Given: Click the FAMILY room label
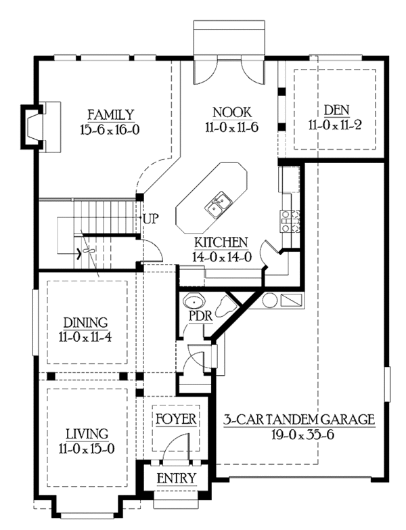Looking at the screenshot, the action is tap(111, 115).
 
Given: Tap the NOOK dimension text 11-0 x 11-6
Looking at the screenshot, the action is tap(231, 128).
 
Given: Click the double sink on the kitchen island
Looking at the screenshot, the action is tap(219, 205).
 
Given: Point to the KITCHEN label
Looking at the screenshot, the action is tap(221, 242).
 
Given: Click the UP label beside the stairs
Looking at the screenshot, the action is tap(150, 219).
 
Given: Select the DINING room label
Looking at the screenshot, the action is tap(86, 323).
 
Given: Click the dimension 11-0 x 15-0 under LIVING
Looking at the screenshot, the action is tap(87, 449).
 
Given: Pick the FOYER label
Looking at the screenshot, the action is tap(176, 419).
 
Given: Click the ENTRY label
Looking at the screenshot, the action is tap(177, 479).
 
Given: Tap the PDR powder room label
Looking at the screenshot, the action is tap(201, 316).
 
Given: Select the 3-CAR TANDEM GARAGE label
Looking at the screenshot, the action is tap(299, 420).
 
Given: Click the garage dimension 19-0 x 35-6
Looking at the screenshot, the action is tap(303, 435).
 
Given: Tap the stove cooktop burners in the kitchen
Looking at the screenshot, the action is tap(290, 221).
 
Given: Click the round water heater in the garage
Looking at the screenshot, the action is tap(270, 300).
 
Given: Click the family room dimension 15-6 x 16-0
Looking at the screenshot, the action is tap(110, 130).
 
